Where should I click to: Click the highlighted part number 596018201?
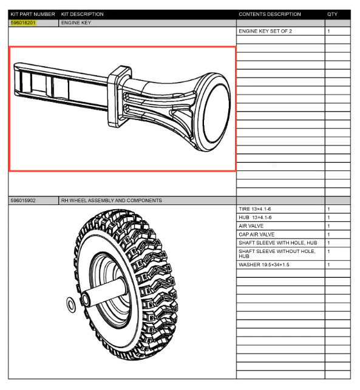23,23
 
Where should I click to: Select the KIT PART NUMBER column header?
33,14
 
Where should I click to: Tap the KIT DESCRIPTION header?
82,14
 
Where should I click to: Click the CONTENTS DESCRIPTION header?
270,14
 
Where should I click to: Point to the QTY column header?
332,14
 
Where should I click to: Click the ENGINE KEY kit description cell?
76,23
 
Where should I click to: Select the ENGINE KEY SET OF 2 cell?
265,31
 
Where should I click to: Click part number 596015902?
23,201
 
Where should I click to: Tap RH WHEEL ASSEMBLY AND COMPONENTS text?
111,201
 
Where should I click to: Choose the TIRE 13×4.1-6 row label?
255,209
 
